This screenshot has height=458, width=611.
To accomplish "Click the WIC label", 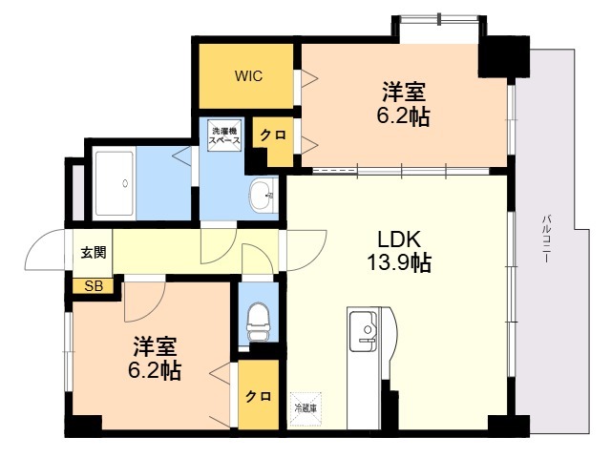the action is point(248,75).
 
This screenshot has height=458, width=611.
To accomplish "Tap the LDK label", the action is point(399,239).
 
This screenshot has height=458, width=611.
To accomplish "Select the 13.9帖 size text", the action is point(399,262).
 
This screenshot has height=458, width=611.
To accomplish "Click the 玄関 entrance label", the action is point(94,252).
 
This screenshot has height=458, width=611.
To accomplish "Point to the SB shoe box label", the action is point(94,286).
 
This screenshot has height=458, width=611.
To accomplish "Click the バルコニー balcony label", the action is point(547,238).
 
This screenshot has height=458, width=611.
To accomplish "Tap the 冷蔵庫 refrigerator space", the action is point(305,408).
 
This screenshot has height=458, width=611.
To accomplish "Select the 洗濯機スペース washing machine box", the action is point(224,135).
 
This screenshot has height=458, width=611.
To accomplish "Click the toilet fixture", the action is point(258,322).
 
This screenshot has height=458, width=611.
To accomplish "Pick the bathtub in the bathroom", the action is point(115,183).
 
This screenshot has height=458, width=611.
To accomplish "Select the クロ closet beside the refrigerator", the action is point(259,394).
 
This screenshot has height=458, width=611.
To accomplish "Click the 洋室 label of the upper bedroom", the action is point(403,92).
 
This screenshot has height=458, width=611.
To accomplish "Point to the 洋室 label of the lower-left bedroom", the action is point(155,346).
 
